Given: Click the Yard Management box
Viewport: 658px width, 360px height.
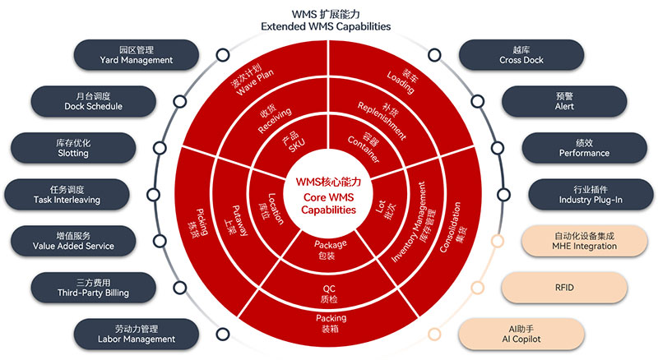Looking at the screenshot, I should click(136, 54).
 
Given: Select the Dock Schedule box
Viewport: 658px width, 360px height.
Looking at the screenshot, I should click(93, 101).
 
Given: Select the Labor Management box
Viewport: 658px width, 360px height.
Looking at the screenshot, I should click(136, 333).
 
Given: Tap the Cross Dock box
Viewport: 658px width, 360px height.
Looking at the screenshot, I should click(521, 54).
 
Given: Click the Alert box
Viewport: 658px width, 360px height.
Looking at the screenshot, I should click(563, 101).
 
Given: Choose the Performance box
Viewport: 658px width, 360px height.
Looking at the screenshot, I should click(584, 147).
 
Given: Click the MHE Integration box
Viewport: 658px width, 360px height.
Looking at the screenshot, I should click(584, 240).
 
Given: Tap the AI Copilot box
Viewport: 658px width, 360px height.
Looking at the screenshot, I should click(521, 333).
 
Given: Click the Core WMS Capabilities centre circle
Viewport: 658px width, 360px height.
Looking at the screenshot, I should click(328, 195).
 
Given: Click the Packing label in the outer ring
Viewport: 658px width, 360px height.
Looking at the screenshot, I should click(330, 323).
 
